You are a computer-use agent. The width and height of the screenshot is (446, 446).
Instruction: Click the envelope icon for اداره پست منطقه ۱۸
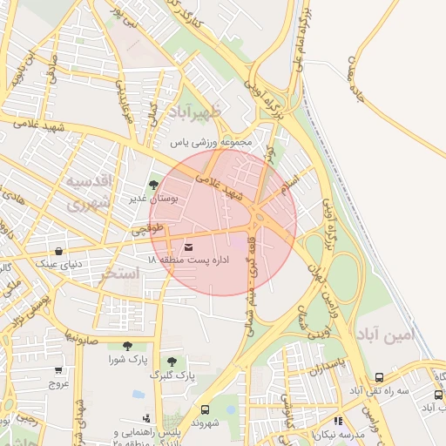point(189,247)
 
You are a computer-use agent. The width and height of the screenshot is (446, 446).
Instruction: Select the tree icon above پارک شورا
point(128,347)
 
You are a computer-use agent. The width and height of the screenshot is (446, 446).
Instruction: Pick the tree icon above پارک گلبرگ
point(172,362)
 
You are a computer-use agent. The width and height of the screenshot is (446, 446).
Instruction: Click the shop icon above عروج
point(58,370)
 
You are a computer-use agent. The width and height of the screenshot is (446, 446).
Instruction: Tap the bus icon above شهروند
point(205,410)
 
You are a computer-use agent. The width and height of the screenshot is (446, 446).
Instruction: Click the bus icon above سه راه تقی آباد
point(379,377)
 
